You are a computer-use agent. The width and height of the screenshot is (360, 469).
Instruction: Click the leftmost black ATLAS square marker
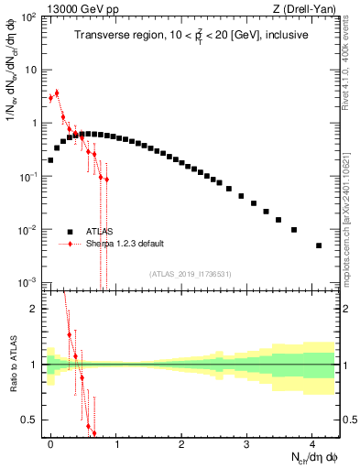[x=50, y=159]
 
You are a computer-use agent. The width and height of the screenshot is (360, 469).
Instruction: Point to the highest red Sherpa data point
[x=57, y=93]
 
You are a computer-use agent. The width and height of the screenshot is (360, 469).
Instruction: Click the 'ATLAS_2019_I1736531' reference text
[x=191, y=274]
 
